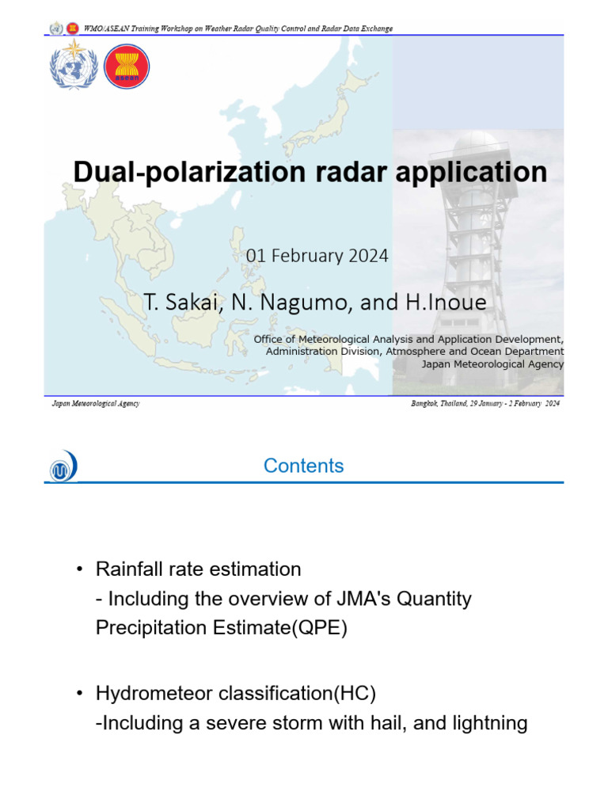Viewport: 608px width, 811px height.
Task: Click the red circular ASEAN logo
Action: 127,65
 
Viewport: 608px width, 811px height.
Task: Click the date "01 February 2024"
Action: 317,256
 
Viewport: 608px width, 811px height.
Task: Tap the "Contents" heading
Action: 304,466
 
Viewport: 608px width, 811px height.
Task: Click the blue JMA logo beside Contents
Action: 63,466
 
